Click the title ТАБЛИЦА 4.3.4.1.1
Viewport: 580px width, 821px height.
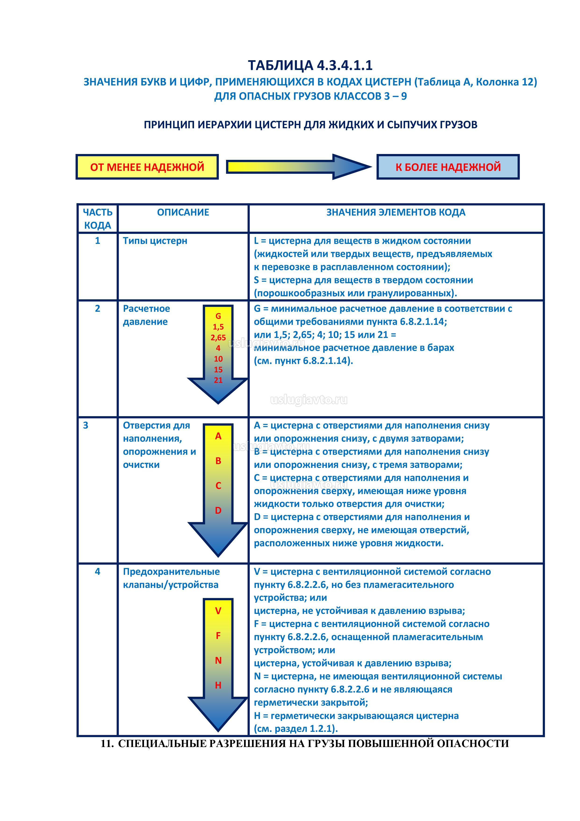[x=310, y=66]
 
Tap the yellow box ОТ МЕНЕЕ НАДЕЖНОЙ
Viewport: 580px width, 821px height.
[x=147, y=167]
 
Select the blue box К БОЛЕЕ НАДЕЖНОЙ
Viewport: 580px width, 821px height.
[x=448, y=167]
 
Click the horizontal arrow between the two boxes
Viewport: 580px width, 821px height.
[x=298, y=167]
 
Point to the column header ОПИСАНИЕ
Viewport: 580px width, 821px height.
[x=183, y=213]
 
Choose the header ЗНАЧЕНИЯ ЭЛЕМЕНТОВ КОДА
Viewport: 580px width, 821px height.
[x=396, y=213]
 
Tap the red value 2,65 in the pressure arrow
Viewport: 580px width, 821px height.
[x=218, y=337]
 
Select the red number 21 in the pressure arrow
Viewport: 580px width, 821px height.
[x=218, y=380]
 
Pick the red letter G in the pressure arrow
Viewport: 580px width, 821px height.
[x=218, y=316]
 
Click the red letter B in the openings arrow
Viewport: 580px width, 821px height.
[x=218, y=461]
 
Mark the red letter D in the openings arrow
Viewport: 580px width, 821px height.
[x=218, y=511]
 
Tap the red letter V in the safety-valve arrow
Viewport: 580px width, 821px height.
[x=218, y=611]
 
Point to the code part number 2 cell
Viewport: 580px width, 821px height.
[x=97, y=309]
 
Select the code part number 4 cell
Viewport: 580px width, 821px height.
[x=97, y=572]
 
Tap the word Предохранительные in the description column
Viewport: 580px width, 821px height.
[x=171, y=572]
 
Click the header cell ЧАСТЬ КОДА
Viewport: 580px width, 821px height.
[x=97, y=219]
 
